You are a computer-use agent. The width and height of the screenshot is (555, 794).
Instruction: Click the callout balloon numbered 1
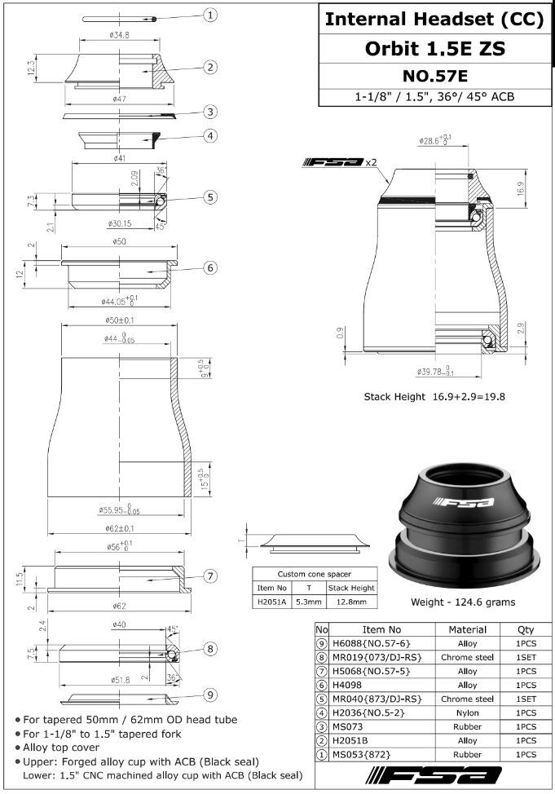[210, 15]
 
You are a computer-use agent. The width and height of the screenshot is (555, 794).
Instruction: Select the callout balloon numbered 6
[209, 267]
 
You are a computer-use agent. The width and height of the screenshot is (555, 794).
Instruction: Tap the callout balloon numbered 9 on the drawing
[209, 695]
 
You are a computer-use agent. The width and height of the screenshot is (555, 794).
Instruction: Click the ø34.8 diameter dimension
[121, 35]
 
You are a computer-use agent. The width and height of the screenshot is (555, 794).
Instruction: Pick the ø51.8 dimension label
[120, 679]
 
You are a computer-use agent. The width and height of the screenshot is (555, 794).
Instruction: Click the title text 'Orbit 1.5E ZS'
[434, 48]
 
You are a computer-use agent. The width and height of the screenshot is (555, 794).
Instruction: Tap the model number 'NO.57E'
[434, 76]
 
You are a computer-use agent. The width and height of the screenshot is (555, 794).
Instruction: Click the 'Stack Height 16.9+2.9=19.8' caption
[434, 397]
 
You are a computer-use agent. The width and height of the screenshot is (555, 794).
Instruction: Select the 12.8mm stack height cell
[351, 602]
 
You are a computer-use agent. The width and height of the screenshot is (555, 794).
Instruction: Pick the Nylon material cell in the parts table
[468, 712]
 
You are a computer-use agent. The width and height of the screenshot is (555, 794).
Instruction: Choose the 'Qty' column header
[526, 629]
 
